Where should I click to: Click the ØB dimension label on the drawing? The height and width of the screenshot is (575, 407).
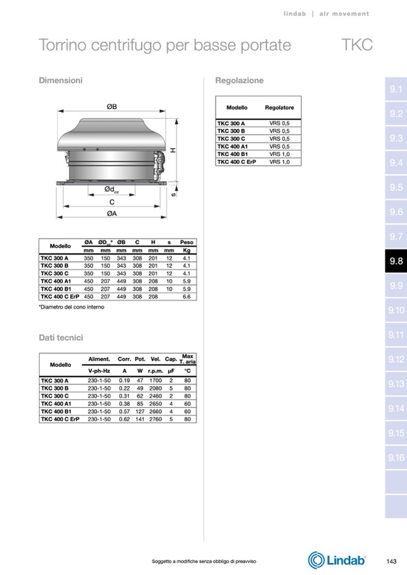pos(112,106)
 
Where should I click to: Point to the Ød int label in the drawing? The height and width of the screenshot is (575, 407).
pos(112,189)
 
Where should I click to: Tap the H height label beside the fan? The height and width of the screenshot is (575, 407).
pos(173,150)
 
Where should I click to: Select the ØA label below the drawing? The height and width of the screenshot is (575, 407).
pos(112,213)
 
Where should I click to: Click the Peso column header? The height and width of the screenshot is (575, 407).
pos(187,242)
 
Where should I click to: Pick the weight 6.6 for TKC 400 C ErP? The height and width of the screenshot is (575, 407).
pos(187,297)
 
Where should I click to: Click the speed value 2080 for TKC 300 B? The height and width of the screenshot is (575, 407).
pos(155,389)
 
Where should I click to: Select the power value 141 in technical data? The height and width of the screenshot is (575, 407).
pos(140,419)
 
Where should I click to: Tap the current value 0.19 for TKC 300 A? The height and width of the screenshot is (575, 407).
pos(124,381)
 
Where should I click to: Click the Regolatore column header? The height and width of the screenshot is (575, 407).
pos(279,108)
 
